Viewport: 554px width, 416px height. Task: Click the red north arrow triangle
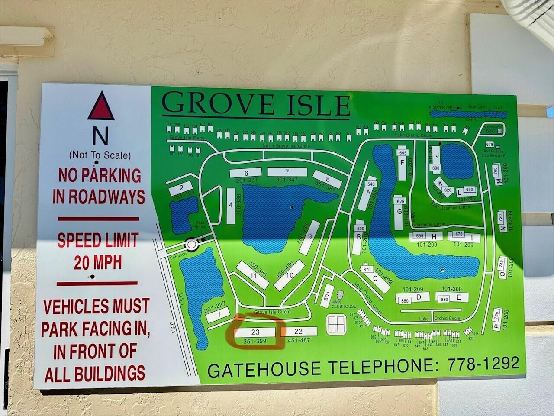(x=100, y=107)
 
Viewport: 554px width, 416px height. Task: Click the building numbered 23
(x=255, y=332)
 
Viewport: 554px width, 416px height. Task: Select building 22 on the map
(x=299, y=332)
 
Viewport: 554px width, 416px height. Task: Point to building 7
(x=287, y=172)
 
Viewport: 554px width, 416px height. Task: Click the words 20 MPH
(x=97, y=263)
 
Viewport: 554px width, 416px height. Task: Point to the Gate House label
(x=200, y=224)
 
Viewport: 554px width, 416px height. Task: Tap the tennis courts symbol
(x=336, y=322)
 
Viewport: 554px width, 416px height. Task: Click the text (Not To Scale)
(x=100, y=155)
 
